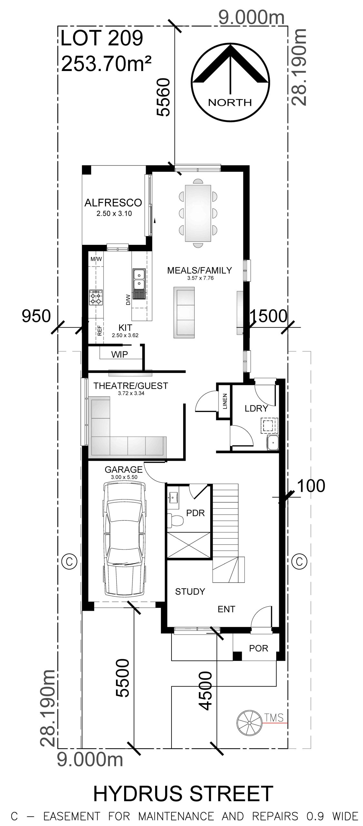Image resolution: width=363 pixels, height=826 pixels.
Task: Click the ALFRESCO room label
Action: [113, 203]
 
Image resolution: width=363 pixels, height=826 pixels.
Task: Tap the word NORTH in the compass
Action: [230, 103]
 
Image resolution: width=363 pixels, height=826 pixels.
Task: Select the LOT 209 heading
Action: [102, 39]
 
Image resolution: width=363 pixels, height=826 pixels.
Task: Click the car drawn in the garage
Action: [123, 538]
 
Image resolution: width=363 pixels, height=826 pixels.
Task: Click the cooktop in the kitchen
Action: [96, 297]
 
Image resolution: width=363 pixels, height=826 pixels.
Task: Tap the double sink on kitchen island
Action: [139, 279]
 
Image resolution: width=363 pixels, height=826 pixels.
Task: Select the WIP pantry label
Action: [120, 354]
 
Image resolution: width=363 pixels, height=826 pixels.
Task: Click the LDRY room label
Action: [256, 408]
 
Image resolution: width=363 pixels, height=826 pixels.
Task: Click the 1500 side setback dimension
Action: [268, 316]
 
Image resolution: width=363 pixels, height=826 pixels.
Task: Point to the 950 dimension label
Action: [36, 316]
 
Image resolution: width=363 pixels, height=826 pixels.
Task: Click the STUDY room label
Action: [190, 591]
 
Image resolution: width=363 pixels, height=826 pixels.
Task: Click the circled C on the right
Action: [299, 562]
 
